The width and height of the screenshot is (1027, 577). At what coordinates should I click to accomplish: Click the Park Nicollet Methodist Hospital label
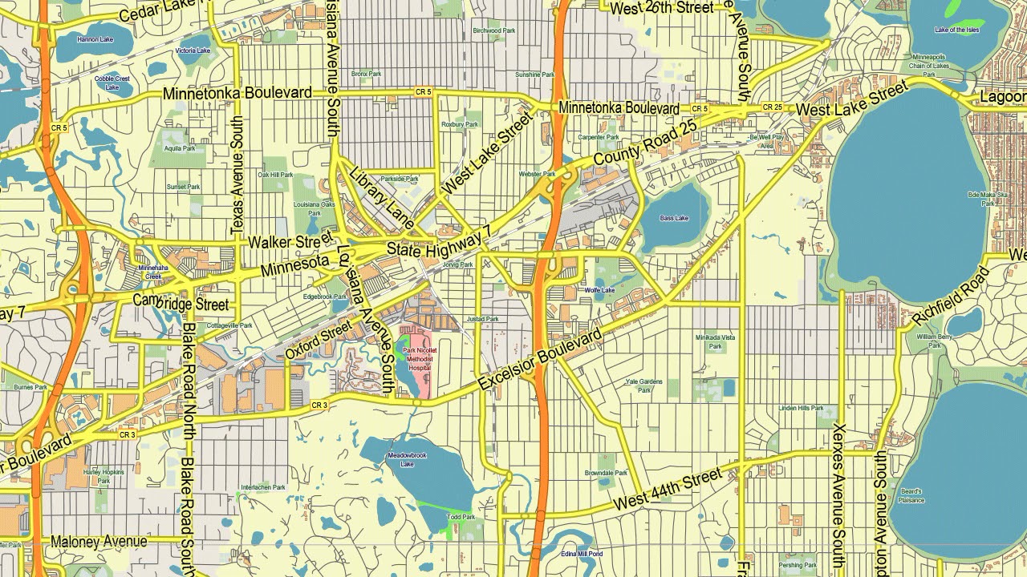pyautogui.click(x=420, y=360)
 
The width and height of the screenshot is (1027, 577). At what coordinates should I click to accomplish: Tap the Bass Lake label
pyautogui.click(x=674, y=218)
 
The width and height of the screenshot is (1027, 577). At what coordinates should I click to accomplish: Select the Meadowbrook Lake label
pyautogui.click(x=407, y=460)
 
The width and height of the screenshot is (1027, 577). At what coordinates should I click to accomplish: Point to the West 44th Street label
pyautogui.click(x=668, y=490)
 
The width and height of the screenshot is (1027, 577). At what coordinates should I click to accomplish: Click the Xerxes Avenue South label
pyautogui.click(x=838, y=495)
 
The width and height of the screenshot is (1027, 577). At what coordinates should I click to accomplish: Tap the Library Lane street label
pyautogui.click(x=382, y=196)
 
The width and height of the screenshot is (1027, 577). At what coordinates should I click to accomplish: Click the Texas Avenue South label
pyautogui.click(x=237, y=176)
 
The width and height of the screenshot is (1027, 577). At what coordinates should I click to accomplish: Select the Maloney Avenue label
pyautogui.click(x=99, y=542)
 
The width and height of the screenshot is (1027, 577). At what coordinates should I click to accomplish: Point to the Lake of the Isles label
pyautogui.click(x=957, y=30)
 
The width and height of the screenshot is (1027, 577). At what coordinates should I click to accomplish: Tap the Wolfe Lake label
pyautogui.click(x=599, y=290)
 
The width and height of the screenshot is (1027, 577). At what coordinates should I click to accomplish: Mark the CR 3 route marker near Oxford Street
pyautogui.click(x=319, y=406)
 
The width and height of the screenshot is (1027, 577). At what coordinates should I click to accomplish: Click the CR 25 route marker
pyautogui.click(x=772, y=107)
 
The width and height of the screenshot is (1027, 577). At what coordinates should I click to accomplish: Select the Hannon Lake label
pyautogui.click(x=95, y=38)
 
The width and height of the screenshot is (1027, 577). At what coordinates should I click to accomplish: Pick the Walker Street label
pyautogui.click(x=290, y=240)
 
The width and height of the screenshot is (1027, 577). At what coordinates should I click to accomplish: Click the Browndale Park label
pyautogui.click(x=606, y=473)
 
